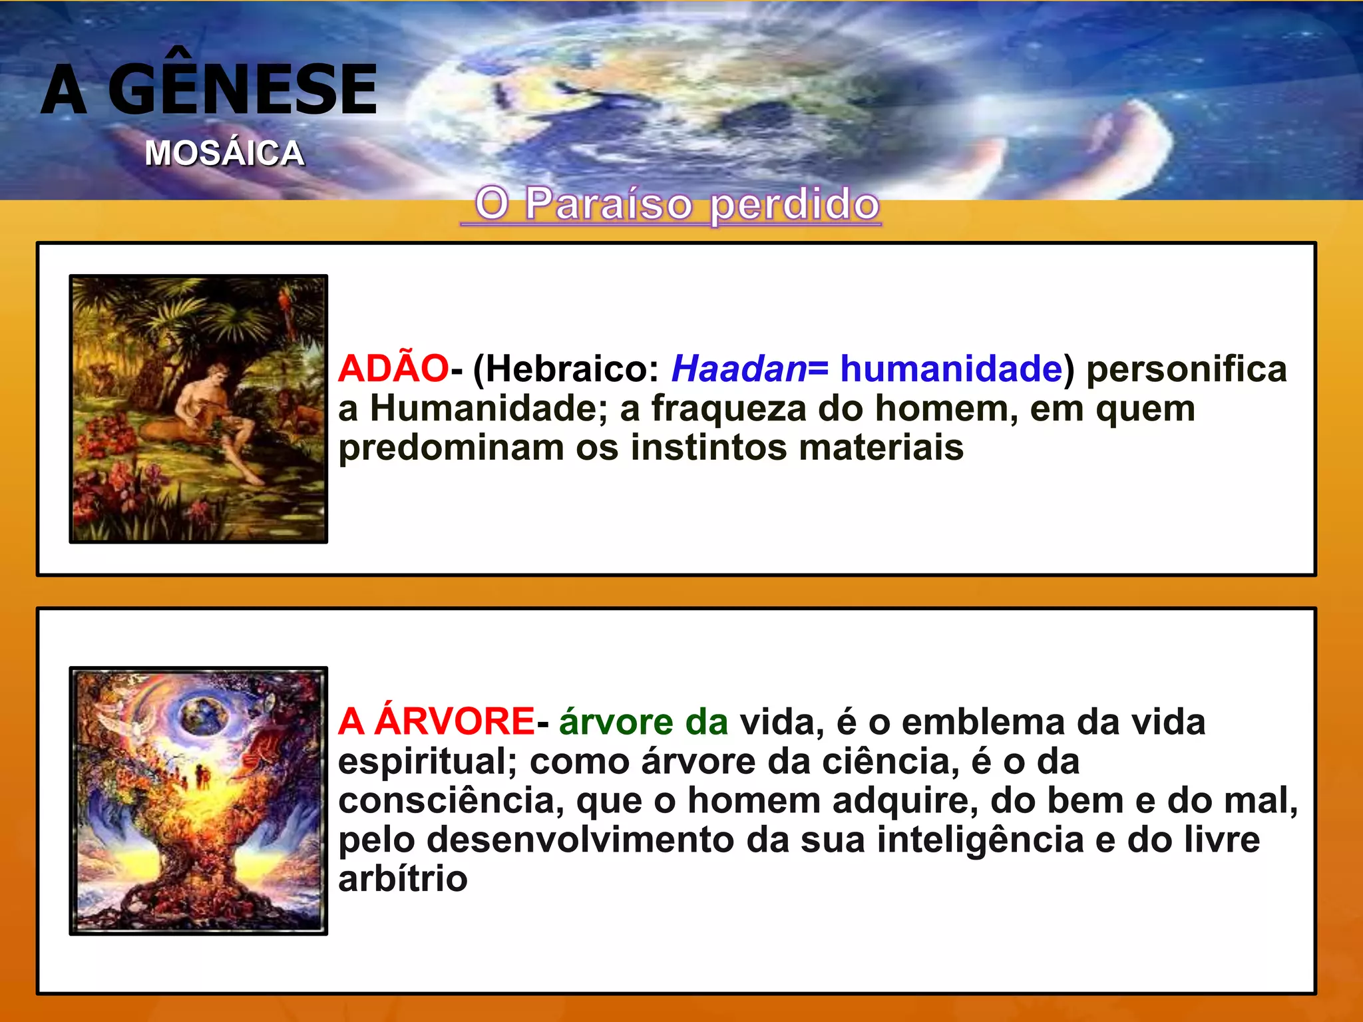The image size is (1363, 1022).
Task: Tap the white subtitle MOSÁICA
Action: pyautogui.click(x=225, y=153)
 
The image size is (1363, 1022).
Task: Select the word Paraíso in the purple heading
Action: pyautogui.click(x=609, y=204)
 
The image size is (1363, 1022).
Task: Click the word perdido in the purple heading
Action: pyautogui.click(x=795, y=205)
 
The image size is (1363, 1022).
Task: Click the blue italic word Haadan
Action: pyautogui.click(x=739, y=369)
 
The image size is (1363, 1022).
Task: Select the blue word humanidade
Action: pyautogui.click(x=951, y=369)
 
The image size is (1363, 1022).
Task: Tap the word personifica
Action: pyautogui.click(x=1187, y=369)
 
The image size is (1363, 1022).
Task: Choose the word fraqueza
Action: pyautogui.click(x=729, y=408)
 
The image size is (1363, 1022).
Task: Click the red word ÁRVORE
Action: pyautogui.click(x=454, y=721)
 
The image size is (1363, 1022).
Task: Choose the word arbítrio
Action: pyautogui.click(x=403, y=879)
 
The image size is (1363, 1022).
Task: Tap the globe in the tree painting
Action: pyautogui.click(x=204, y=715)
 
